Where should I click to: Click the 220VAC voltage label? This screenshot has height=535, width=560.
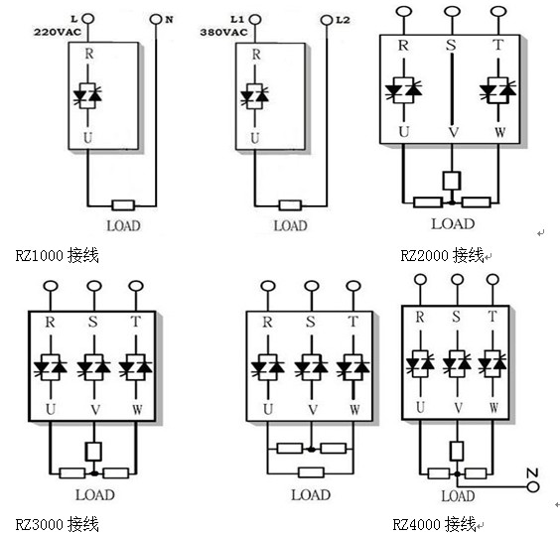click(x=58, y=32)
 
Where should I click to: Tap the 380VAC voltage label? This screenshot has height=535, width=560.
click(x=224, y=33)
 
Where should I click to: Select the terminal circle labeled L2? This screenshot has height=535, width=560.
click(x=327, y=20)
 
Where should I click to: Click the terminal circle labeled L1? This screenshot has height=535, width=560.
click(x=255, y=20)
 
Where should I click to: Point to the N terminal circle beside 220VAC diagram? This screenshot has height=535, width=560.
click(x=156, y=19)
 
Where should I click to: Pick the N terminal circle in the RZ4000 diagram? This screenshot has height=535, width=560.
click(x=533, y=486)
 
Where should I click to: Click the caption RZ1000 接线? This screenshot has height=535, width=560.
click(x=58, y=255)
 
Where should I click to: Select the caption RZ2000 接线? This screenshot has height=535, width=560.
click(x=442, y=255)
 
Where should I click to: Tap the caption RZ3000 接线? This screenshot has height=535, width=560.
click(x=58, y=524)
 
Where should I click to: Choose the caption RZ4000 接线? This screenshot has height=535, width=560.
click(x=434, y=524)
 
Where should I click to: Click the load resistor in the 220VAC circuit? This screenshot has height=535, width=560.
click(x=123, y=205)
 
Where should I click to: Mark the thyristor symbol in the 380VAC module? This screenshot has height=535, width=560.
click(x=254, y=96)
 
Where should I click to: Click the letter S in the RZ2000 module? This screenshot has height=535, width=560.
click(x=451, y=46)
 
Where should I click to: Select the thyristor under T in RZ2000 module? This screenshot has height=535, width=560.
click(x=497, y=90)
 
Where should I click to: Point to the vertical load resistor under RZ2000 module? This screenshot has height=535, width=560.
click(x=452, y=181)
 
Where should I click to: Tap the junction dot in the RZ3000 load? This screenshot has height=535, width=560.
click(x=94, y=473)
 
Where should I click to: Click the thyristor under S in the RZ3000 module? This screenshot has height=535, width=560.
click(x=94, y=367)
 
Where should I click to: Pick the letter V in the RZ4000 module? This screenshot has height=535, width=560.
click(x=458, y=408)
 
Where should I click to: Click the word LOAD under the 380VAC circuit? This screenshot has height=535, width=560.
click(x=290, y=225)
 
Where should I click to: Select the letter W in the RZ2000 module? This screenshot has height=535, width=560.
click(x=500, y=132)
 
